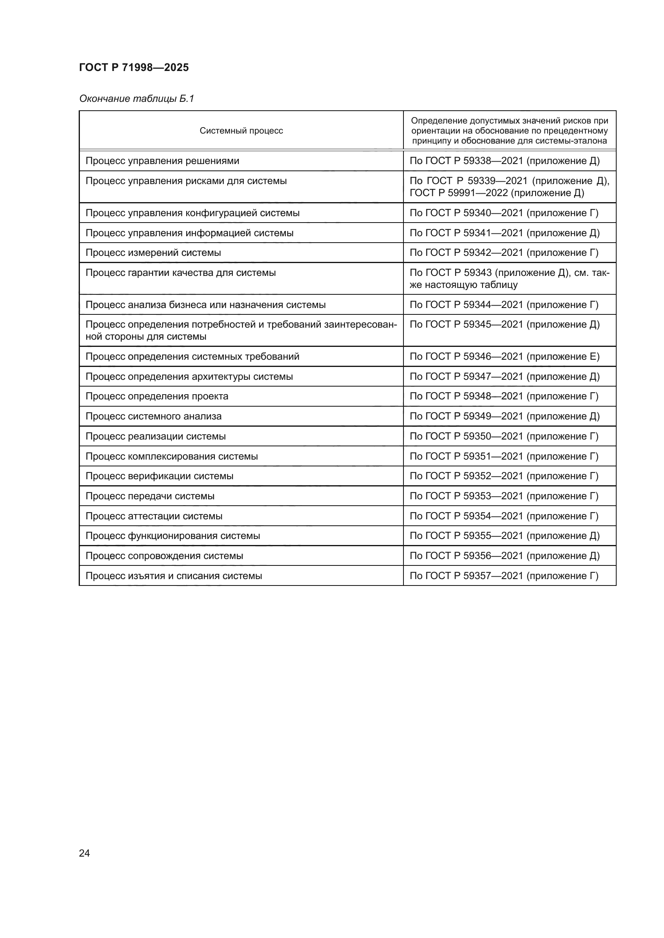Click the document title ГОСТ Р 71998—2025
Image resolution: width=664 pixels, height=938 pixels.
click(x=134, y=67)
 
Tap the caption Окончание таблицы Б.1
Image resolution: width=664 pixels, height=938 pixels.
click(x=136, y=99)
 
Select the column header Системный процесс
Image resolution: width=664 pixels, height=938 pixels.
click(x=241, y=131)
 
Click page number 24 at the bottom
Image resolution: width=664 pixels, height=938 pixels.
click(x=84, y=853)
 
